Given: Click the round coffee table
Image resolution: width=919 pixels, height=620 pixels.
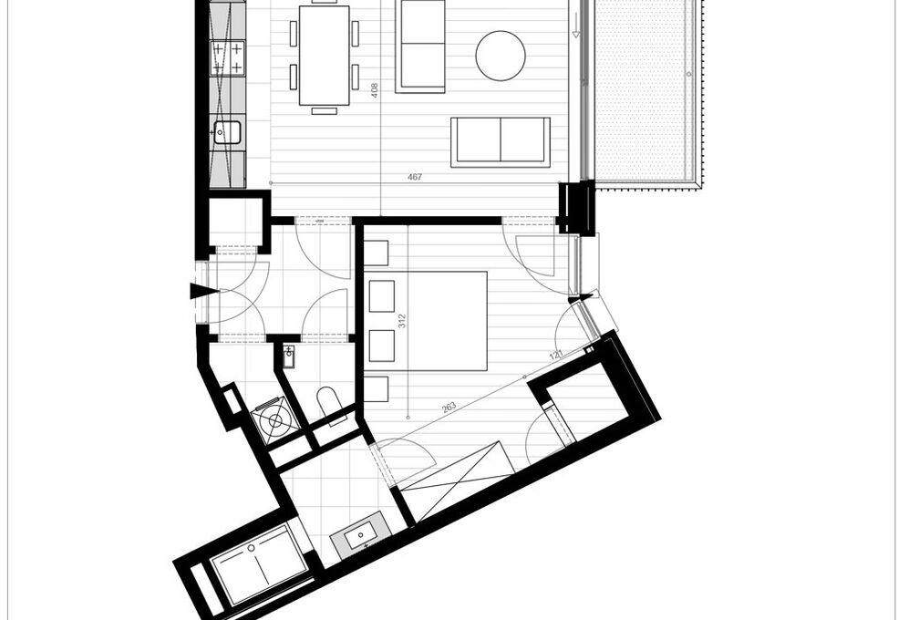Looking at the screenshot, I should click(500, 56).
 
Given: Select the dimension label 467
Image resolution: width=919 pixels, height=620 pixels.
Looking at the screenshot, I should click(415, 177).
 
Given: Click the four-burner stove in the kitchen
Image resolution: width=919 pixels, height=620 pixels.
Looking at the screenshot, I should click(227, 57).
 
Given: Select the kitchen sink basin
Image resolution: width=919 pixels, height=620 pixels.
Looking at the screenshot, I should click(227, 133).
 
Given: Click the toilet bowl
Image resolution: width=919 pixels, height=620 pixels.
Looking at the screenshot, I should click(327, 400).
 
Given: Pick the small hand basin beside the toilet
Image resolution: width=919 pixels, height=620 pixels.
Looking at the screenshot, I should click(289, 355).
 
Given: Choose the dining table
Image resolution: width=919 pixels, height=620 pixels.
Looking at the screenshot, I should click(324, 55).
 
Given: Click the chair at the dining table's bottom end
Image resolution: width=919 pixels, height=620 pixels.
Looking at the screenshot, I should click(324, 110).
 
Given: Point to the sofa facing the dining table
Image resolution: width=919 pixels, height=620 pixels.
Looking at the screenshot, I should click(421, 46).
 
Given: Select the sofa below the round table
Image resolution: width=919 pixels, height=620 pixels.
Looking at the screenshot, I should click(501, 141).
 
